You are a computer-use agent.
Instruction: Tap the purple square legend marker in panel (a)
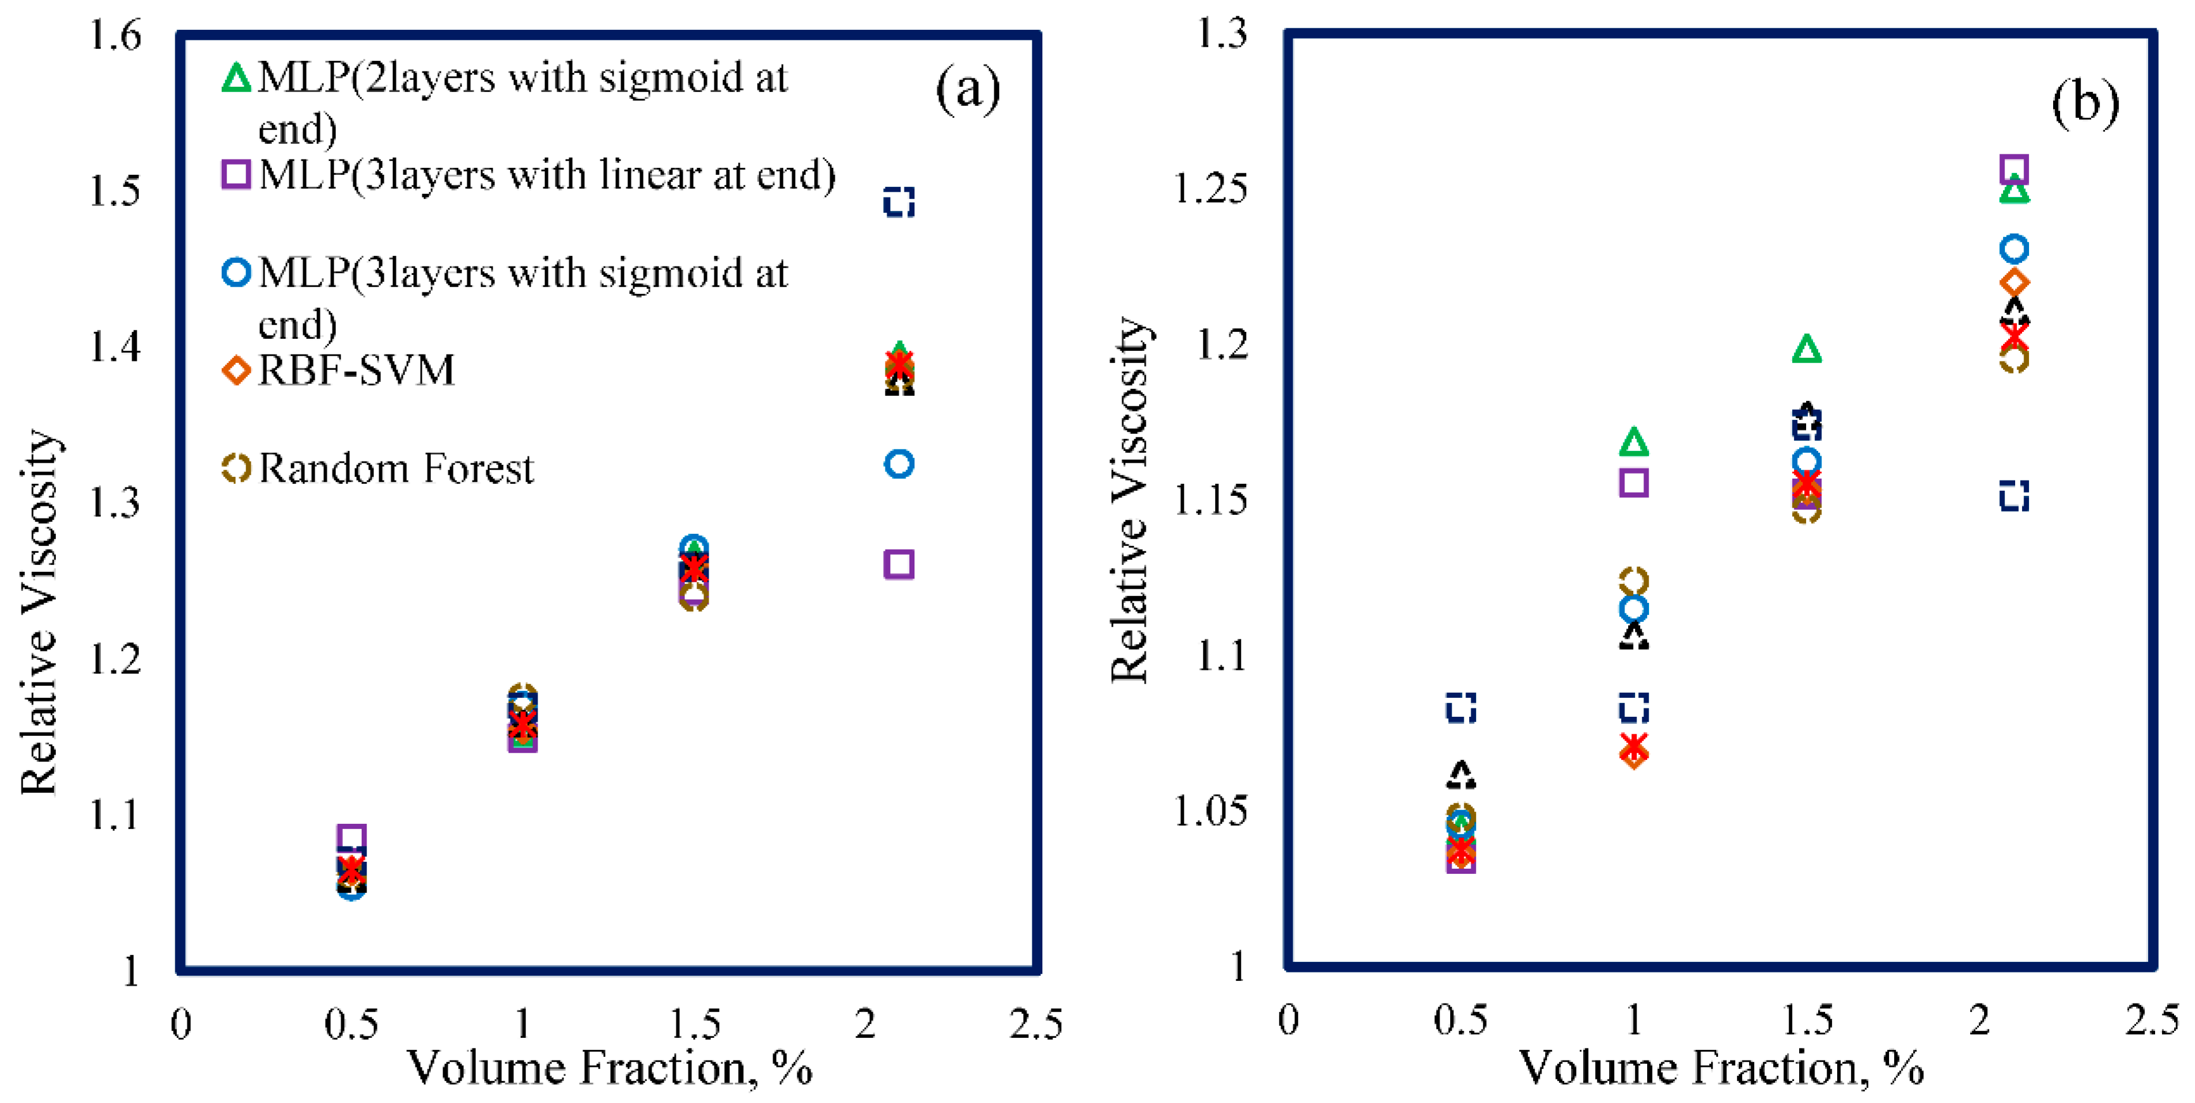point(236,175)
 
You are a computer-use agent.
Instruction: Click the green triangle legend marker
point(236,79)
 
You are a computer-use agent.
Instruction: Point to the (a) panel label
point(967,89)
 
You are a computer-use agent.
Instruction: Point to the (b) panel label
point(2084,103)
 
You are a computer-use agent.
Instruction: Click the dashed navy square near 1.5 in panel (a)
point(899,203)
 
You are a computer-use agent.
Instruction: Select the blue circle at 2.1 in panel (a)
point(899,464)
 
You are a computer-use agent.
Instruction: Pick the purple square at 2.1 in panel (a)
point(899,564)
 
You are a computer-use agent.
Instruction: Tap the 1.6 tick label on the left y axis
point(115,35)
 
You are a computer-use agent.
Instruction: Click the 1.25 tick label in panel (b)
point(1210,188)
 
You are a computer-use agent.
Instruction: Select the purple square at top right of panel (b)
point(2013,170)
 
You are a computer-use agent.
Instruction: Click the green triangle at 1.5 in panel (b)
point(1806,350)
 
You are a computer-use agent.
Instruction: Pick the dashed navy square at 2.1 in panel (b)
point(2013,495)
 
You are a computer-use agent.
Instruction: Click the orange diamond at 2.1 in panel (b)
point(2013,282)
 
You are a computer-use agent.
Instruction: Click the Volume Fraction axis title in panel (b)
point(1721,1068)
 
